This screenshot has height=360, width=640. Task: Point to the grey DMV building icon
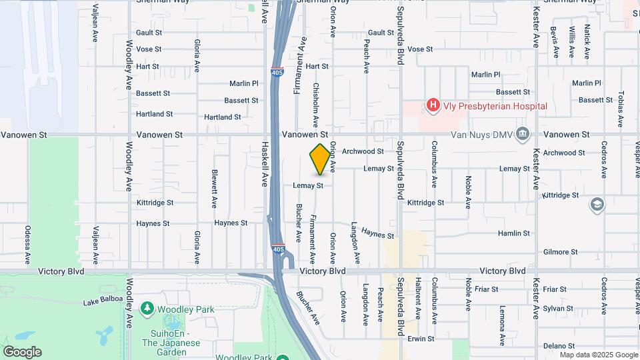[x=523, y=135]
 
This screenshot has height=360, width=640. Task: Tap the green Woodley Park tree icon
[x=147, y=309]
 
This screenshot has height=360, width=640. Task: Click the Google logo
[x=22, y=352]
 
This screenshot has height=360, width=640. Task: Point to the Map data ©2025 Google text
[x=599, y=355]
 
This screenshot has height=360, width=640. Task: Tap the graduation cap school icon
[x=597, y=205]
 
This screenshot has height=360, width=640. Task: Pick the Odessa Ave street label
[x=28, y=244]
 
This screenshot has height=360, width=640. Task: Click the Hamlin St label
[x=514, y=233]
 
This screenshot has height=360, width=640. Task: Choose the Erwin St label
[x=421, y=339]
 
